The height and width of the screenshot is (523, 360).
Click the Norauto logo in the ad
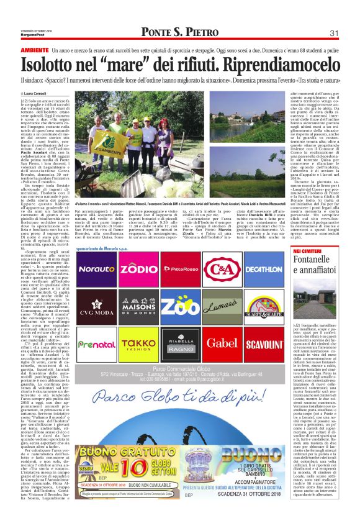pyautogui.click(x=97, y=269)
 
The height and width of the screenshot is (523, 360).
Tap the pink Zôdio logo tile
pyautogui.click(x=138, y=269)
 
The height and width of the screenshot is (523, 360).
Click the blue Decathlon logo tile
pyautogui.click(x=263, y=270)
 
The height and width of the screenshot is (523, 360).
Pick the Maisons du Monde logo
pyautogui.click(x=138, y=307)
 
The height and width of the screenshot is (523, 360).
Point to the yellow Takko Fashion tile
pyautogui.click(x=138, y=343)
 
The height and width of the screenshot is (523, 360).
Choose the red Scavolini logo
pyautogui.click(x=263, y=343)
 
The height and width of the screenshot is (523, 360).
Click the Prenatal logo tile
pyautogui.click(x=97, y=343)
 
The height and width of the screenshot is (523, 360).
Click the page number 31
pyautogui.click(x=333, y=33)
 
